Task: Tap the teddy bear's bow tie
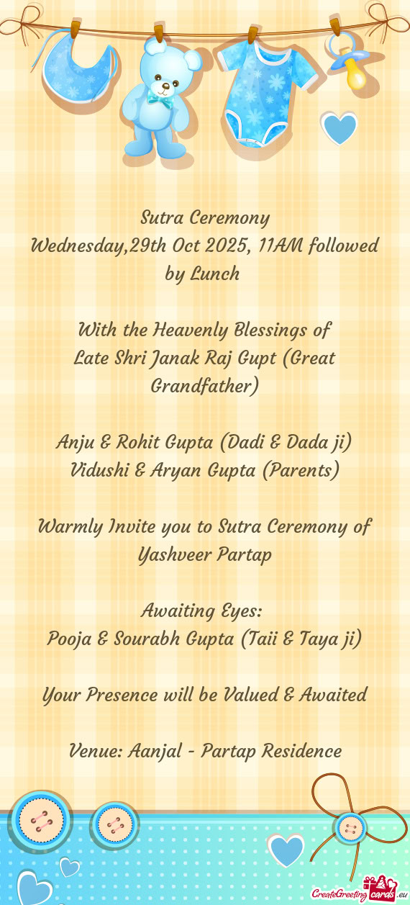pos(160,99)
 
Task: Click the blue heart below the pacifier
pos(340,129)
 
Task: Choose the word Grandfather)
pos(204,387)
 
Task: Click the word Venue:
pos(97,751)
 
